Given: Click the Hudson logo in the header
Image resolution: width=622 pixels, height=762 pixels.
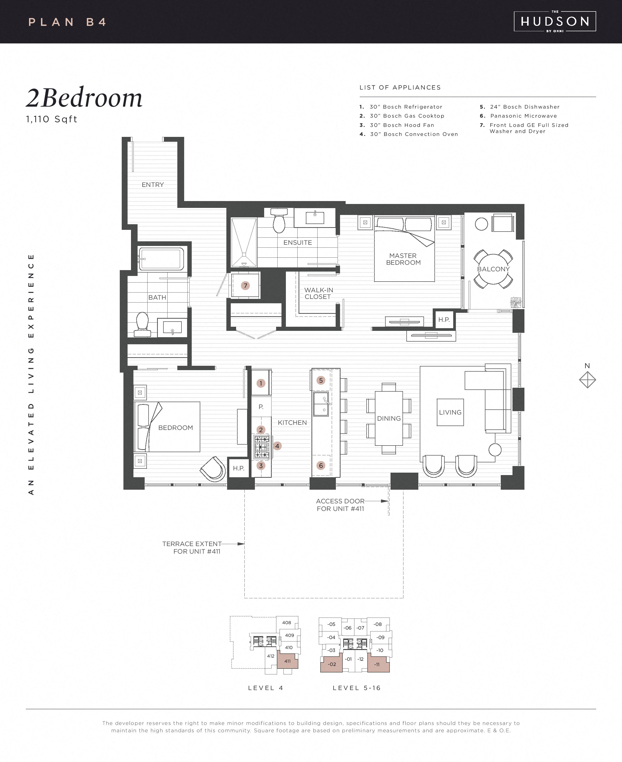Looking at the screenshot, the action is coord(555,21).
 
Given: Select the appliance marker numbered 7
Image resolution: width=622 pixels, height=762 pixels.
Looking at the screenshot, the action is coord(245,286).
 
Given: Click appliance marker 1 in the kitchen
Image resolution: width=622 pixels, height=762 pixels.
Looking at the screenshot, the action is coord(261,383).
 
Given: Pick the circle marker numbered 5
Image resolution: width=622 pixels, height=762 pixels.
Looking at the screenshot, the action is coord(321,380).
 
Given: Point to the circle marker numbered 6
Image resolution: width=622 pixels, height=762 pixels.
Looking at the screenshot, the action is coord(321,466).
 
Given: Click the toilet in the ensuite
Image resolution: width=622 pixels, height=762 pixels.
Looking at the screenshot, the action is coord(279,221).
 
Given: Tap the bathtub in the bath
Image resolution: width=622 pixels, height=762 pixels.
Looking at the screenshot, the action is coord(161,258).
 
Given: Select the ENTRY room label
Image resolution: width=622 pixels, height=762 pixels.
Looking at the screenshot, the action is coord(153,185).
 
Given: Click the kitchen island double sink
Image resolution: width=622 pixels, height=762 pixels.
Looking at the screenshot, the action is coord(321,404).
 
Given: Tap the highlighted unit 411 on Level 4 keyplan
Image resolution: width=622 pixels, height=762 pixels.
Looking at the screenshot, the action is coord(287,661).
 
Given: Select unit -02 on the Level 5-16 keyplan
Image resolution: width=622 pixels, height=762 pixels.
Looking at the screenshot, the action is coord(332,664).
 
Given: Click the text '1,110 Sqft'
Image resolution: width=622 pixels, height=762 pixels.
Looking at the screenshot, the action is coord(52,119).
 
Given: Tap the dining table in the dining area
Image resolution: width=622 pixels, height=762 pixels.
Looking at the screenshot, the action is coord(389,418).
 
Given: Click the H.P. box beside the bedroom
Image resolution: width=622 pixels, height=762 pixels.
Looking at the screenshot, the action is coord(239,468).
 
